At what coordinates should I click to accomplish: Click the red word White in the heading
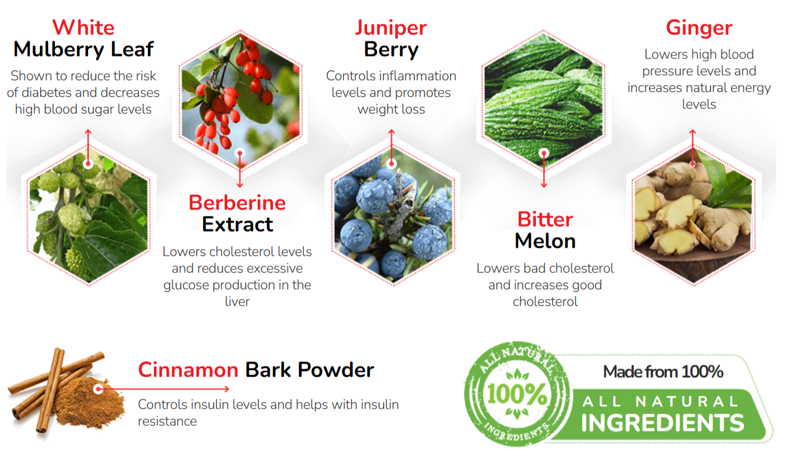(83, 28)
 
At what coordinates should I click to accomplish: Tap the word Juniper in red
(391, 28)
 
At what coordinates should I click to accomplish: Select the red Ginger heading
(699, 28)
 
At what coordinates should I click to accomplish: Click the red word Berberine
(237, 203)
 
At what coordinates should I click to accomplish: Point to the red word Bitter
(545, 220)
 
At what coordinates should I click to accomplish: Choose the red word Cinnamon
(188, 370)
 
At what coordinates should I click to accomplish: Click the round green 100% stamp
(517, 395)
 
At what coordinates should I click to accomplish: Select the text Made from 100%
(663, 372)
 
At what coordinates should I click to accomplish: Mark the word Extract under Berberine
(237, 224)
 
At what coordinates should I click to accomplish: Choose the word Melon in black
(545, 241)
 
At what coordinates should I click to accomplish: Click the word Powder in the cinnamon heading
(336, 370)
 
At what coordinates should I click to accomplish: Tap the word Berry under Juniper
(391, 49)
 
